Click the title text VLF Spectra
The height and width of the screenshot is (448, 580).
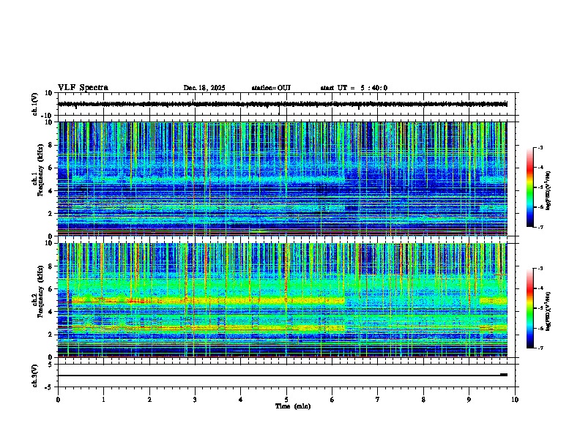[x=83, y=88]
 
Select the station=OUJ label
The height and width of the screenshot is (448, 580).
[x=271, y=88]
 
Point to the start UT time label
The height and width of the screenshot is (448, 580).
[x=354, y=88]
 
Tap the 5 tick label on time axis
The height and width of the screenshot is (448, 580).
[x=286, y=399]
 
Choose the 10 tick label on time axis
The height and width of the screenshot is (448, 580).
[x=515, y=399]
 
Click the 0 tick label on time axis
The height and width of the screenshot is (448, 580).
[x=58, y=399]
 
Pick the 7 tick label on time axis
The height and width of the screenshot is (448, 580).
[x=378, y=399]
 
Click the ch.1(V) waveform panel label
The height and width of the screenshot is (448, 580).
[x=36, y=104]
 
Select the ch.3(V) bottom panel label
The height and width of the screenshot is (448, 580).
[x=36, y=374]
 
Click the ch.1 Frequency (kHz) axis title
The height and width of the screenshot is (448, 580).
[x=37, y=181]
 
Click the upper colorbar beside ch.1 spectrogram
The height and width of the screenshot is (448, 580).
[x=530, y=187]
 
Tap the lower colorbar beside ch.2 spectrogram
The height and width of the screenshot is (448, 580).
[x=530, y=307]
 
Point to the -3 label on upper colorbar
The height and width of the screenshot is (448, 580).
[x=540, y=148]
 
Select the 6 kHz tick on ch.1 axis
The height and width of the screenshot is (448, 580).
[x=51, y=168]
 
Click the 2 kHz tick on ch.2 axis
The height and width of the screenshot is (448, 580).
[x=51, y=334]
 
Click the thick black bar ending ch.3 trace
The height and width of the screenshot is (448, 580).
[x=504, y=375]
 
